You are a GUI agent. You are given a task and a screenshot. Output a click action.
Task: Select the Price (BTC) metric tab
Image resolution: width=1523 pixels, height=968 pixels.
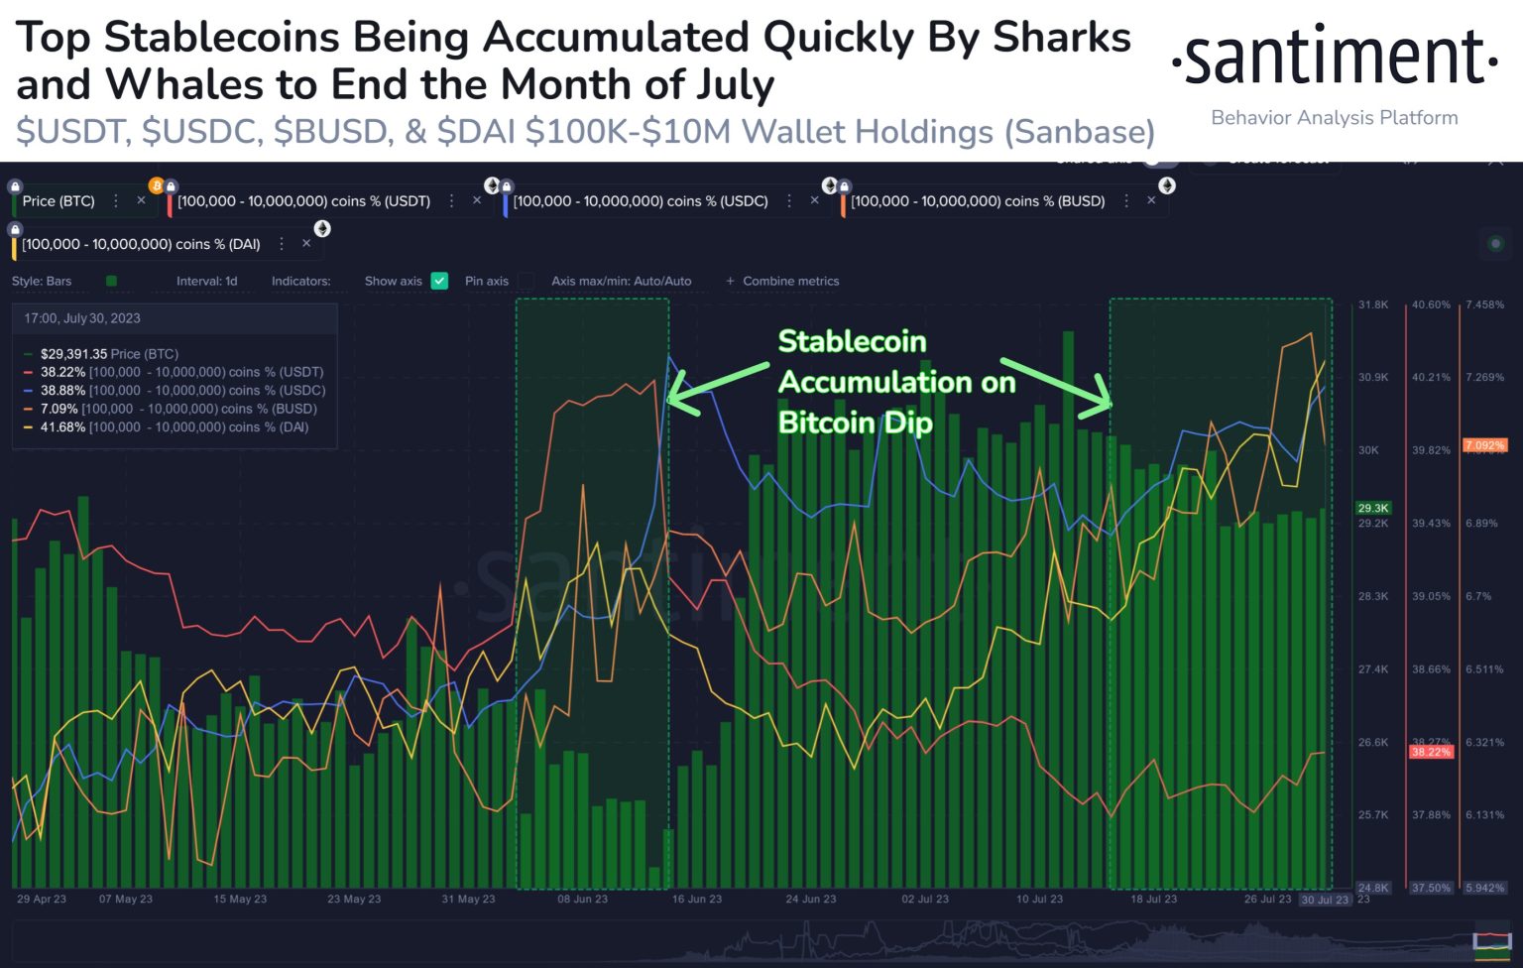pyautogui.click(x=59, y=201)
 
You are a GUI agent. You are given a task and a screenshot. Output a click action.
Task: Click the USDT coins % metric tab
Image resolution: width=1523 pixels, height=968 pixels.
pyautogui.click(x=303, y=201)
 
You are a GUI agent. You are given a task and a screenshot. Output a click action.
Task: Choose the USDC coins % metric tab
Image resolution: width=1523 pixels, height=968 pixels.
pyautogui.click(x=640, y=201)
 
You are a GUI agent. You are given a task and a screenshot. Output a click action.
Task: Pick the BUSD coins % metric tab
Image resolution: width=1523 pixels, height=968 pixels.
pyautogui.click(x=977, y=201)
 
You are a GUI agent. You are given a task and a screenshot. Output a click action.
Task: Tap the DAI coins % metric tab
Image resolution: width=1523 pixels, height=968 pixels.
pyautogui.click(x=141, y=244)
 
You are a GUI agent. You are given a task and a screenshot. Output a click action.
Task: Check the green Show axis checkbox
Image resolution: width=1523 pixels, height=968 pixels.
pyautogui.click(x=439, y=281)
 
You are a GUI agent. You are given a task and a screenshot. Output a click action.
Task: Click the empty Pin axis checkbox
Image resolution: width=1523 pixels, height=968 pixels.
pyautogui.click(x=527, y=281)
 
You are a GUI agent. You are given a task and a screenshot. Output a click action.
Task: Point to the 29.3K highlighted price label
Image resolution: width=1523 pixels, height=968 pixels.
pyautogui.click(x=1373, y=508)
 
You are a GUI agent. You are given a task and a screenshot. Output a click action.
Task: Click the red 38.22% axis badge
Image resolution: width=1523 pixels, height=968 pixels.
pyautogui.click(x=1431, y=752)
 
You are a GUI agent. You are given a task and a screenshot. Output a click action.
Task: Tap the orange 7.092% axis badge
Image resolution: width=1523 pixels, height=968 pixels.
pyautogui.click(x=1484, y=445)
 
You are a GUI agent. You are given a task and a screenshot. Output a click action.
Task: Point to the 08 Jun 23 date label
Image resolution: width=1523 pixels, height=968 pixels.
pyautogui.click(x=582, y=900)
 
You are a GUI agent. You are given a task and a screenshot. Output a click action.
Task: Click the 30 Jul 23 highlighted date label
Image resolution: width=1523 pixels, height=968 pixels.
pyautogui.click(x=1325, y=900)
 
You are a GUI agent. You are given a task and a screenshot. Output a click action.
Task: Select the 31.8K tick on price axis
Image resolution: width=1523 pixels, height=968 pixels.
pyautogui.click(x=1373, y=304)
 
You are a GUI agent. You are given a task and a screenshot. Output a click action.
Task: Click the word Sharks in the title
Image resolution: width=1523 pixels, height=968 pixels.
pyautogui.click(x=1062, y=38)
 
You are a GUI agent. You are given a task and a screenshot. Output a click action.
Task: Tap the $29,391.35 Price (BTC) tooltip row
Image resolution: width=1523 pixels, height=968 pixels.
pyautogui.click(x=109, y=354)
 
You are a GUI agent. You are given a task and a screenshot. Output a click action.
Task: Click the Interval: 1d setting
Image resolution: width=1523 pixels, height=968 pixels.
pyautogui.click(x=206, y=281)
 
